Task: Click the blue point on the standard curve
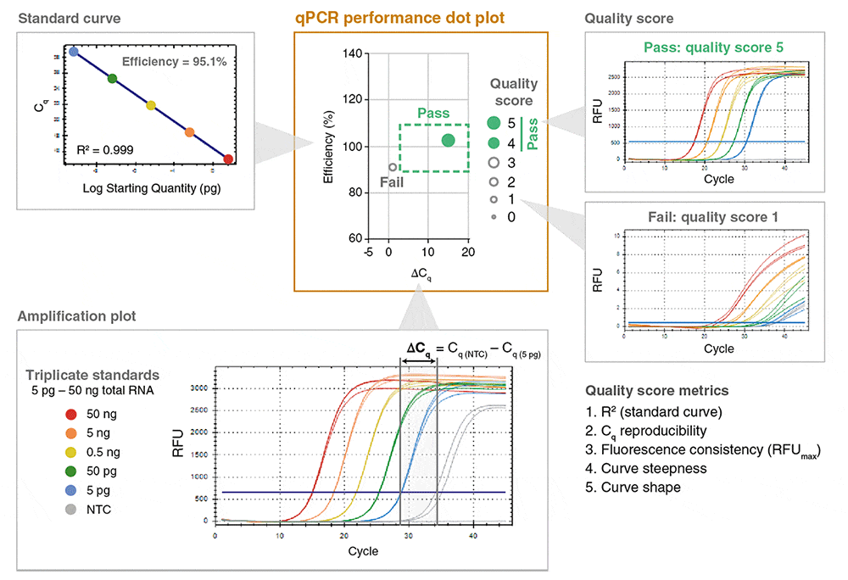tap(74, 52)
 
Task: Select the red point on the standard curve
tap(228, 159)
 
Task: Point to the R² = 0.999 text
tap(105, 149)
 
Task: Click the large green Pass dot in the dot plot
tap(449, 140)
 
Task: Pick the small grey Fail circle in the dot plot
tap(393, 168)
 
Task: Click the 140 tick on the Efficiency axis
tap(353, 53)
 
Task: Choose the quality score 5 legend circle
tap(494, 123)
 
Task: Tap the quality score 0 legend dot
tap(494, 217)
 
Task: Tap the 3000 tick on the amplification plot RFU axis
tap(199, 388)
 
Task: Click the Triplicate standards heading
tap(92, 376)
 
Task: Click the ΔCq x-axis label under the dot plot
tap(421, 276)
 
